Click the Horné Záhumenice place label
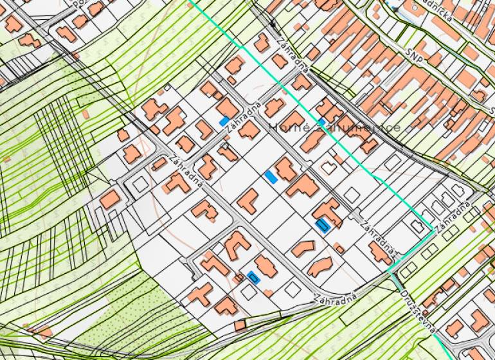(x=335, y=127)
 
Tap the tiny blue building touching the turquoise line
(x=321, y=122)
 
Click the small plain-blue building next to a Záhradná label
(x=224, y=121)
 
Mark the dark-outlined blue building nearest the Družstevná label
(x=323, y=224)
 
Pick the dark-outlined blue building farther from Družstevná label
(x=253, y=277)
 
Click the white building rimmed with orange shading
(x=329, y=168)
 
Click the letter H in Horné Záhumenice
(x=274, y=127)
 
